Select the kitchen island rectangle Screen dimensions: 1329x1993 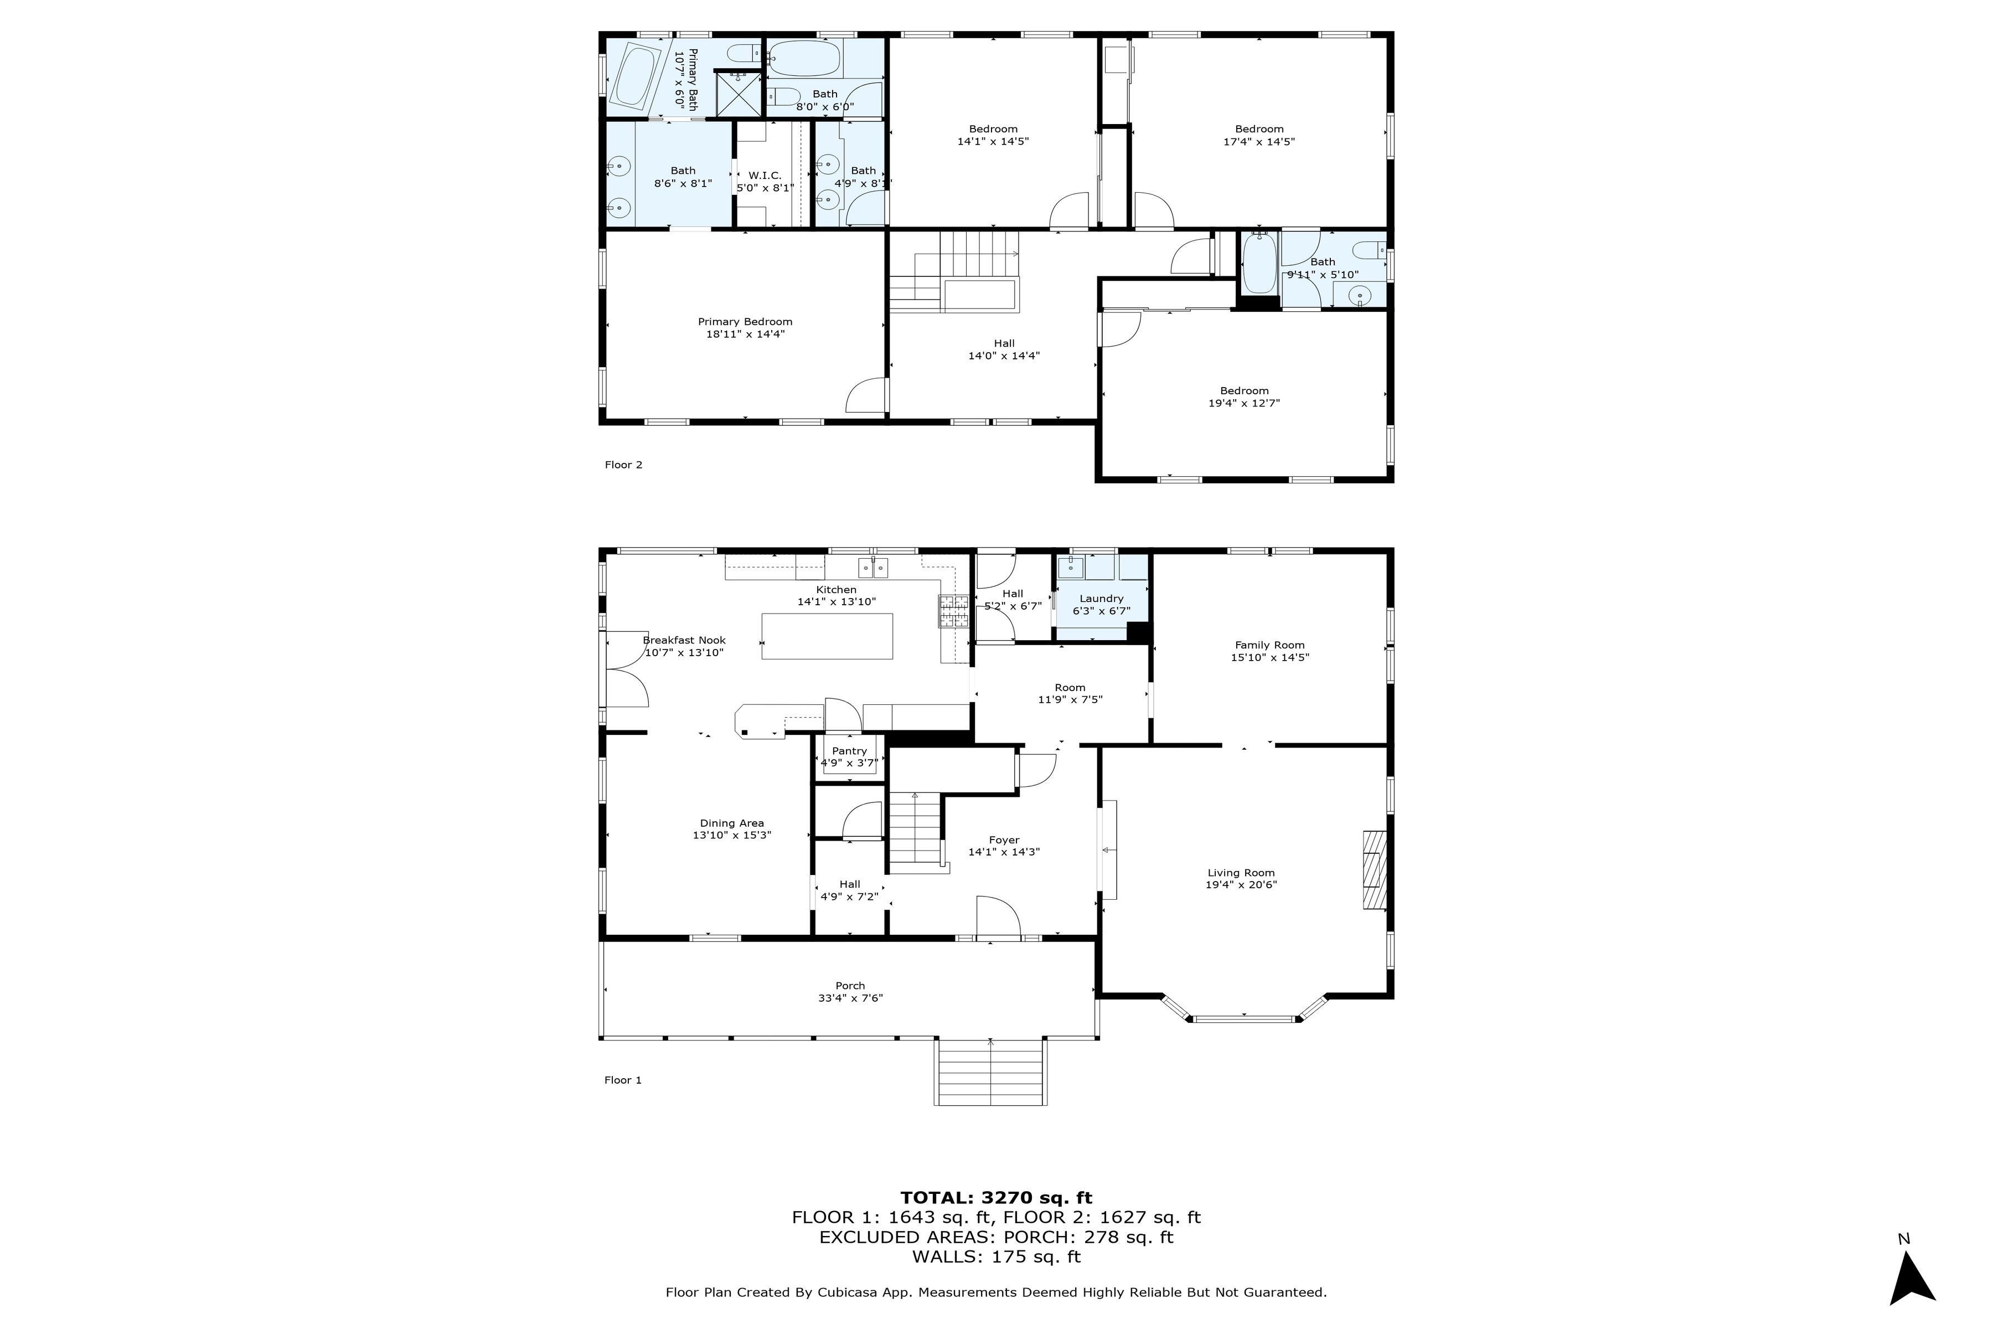click(x=827, y=636)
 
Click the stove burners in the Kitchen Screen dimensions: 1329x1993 click(x=953, y=611)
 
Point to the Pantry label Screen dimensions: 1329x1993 click(x=849, y=751)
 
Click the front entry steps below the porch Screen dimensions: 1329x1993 click(x=990, y=1072)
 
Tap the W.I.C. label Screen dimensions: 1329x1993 click(x=765, y=176)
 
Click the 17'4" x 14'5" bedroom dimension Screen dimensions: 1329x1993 click(x=1258, y=142)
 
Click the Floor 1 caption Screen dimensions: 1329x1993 click(x=623, y=1080)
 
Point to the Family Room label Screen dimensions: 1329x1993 click(x=1269, y=645)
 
